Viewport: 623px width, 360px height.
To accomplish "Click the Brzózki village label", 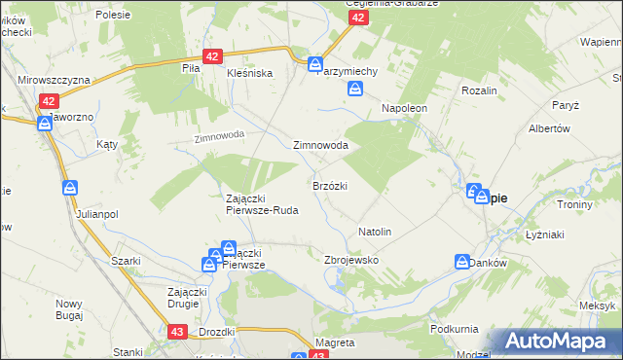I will [x=330, y=185].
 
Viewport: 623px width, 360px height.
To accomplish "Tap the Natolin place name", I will [x=375, y=232].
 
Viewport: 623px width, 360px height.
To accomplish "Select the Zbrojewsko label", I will [x=350, y=260].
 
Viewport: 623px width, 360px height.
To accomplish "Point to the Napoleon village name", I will [x=404, y=108].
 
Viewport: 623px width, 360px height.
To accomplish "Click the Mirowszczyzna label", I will [x=55, y=80].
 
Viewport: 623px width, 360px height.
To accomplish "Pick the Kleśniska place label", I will [x=249, y=73].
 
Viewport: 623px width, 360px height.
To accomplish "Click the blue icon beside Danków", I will [x=461, y=261].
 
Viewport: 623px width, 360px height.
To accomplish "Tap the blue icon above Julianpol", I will [x=70, y=187].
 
